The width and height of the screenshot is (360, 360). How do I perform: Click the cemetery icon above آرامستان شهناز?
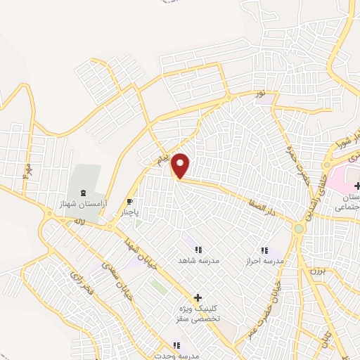pos(84,193)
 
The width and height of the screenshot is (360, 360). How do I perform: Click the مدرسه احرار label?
pos(264,261)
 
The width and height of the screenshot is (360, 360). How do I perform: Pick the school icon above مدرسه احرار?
pos(264,250)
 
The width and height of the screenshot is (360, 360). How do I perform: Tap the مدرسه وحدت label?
pos(177,355)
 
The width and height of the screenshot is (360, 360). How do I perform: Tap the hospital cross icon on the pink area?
pos(357,186)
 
